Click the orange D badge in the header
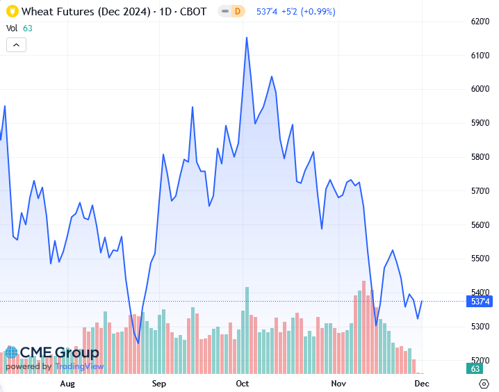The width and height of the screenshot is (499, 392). (237, 11)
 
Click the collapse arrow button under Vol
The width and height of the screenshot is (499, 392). (17, 44)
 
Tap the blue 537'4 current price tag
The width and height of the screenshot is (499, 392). (481, 302)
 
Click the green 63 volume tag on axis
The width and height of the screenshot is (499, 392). (476, 368)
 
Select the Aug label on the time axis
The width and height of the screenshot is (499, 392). (67, 384)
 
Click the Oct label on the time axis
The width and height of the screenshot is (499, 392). (243, 384)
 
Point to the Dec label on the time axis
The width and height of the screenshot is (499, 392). (422, 384)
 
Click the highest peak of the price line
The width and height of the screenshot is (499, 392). (247, 38)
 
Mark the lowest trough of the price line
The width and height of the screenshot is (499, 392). (138, 343)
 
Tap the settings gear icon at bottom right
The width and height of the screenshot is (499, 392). (484, 384)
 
